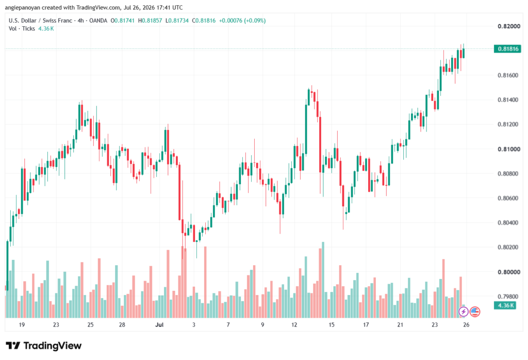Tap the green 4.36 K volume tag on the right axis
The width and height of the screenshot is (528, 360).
coord(505,305)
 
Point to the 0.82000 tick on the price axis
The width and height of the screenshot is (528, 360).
coord(509,26)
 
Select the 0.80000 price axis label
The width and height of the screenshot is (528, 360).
coord(509,272)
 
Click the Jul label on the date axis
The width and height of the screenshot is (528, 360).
coord(159,324)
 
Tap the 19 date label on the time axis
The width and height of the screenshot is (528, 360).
coord(22,324)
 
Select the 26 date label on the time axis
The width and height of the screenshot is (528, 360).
coord(466,324)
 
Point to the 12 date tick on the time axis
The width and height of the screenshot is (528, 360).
coord(294,324)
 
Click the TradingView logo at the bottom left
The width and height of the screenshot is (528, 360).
coord(44,346)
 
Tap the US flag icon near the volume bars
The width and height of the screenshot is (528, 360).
coord(475,312)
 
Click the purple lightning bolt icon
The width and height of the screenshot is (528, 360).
coord(464,312)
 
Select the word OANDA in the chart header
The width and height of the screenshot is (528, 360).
coord(98,21)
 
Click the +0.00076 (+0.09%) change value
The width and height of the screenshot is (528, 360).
coord(242,21)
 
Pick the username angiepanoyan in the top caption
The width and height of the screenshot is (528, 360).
coord(22,7)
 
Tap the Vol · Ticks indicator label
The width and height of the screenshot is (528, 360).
coord(22,29)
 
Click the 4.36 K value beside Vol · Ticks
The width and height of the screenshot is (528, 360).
coord(46,29)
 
